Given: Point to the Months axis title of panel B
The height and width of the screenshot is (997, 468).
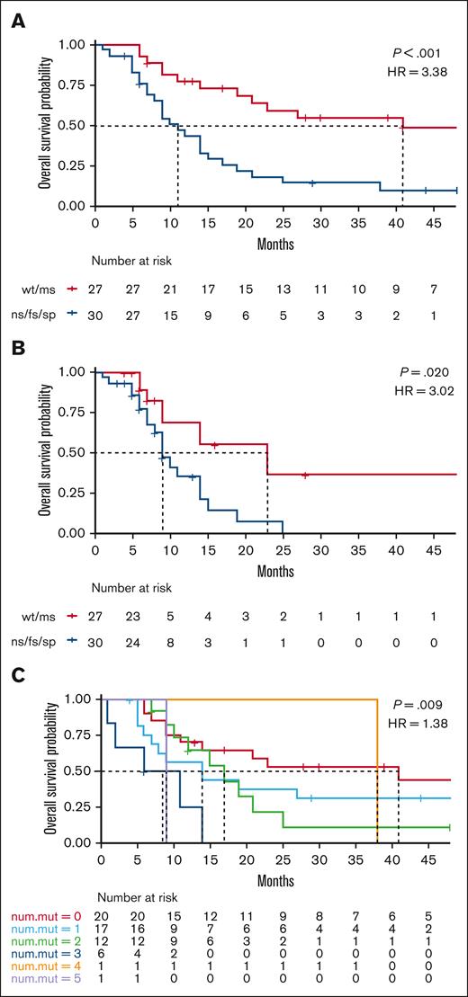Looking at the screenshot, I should (276, 572).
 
